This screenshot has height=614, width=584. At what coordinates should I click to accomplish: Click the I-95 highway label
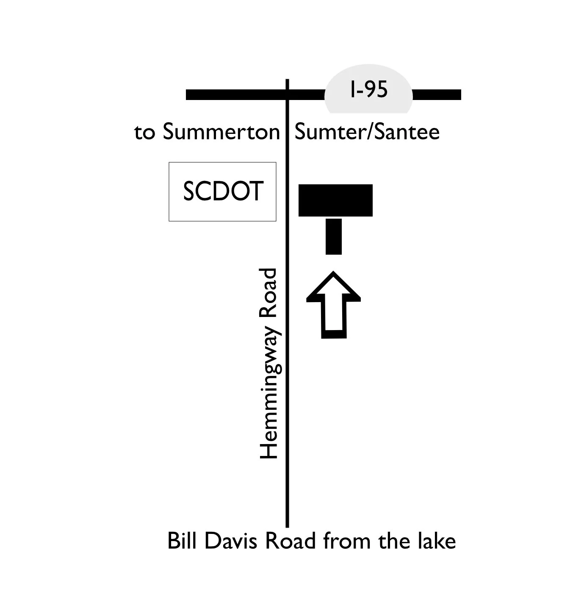(368, 90)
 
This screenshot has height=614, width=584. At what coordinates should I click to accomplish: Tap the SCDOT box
(223, 192)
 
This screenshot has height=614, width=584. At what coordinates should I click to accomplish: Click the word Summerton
(221, 132)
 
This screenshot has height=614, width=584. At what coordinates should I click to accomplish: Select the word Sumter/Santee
(367, 132)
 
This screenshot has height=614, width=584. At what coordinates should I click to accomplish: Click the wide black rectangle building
(335, 200)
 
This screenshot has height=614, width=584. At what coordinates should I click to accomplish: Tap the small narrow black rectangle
(334, 236)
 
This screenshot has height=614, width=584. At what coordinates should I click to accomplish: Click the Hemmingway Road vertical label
(268, 364)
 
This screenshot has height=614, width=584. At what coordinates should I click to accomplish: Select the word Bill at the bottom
(183, 541)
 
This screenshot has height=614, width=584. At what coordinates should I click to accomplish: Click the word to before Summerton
(145, 133)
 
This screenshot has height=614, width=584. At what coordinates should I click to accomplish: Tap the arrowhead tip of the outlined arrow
(334, 274)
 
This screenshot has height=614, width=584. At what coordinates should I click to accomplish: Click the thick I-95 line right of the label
(437, 94)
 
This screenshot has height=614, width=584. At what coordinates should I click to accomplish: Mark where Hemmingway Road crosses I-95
(288, 94)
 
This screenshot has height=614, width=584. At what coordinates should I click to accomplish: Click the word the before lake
(396, 541)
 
